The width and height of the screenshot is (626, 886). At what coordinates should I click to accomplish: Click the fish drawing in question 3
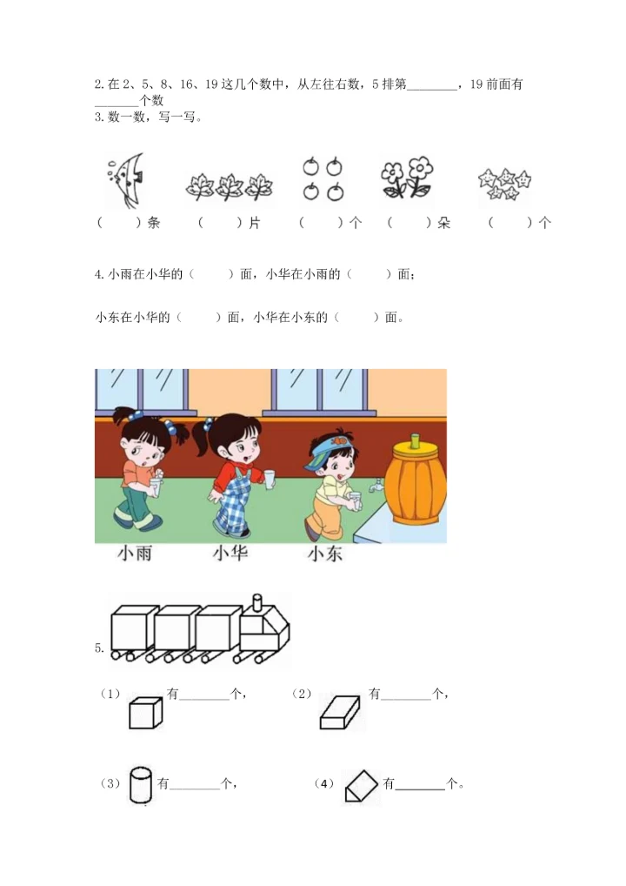click(123, 179)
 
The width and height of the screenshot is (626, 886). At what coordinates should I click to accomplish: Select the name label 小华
click(230, 553)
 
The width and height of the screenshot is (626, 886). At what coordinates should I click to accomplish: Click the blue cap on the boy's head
click(331, 443)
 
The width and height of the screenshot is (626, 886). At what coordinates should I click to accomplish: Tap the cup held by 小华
click(270, 478)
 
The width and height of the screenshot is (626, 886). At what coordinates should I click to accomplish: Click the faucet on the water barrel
click(378, 484)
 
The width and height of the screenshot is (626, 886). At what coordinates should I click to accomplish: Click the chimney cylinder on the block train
click(256, 604)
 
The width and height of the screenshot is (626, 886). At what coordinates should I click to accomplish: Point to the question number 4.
click(98, 274)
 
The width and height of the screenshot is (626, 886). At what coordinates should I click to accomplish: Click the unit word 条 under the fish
click(154, 223)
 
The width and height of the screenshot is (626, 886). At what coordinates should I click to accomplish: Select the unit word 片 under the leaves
click(254, 223)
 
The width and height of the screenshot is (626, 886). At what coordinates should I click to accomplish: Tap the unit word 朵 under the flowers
click(444, 223)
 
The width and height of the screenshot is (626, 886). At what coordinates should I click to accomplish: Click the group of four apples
click(323, 178)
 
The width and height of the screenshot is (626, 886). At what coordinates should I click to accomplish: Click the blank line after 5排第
click(431, 85)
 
